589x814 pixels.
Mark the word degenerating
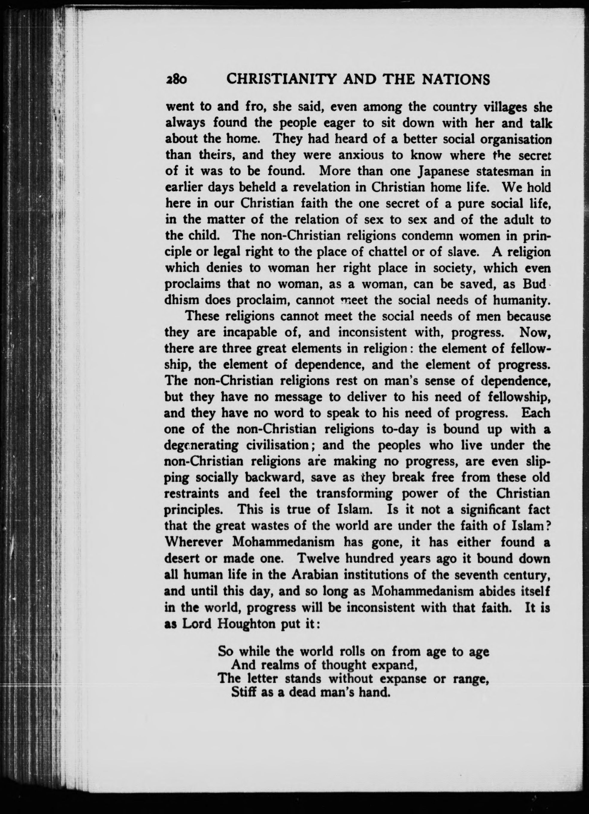[201, 445]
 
